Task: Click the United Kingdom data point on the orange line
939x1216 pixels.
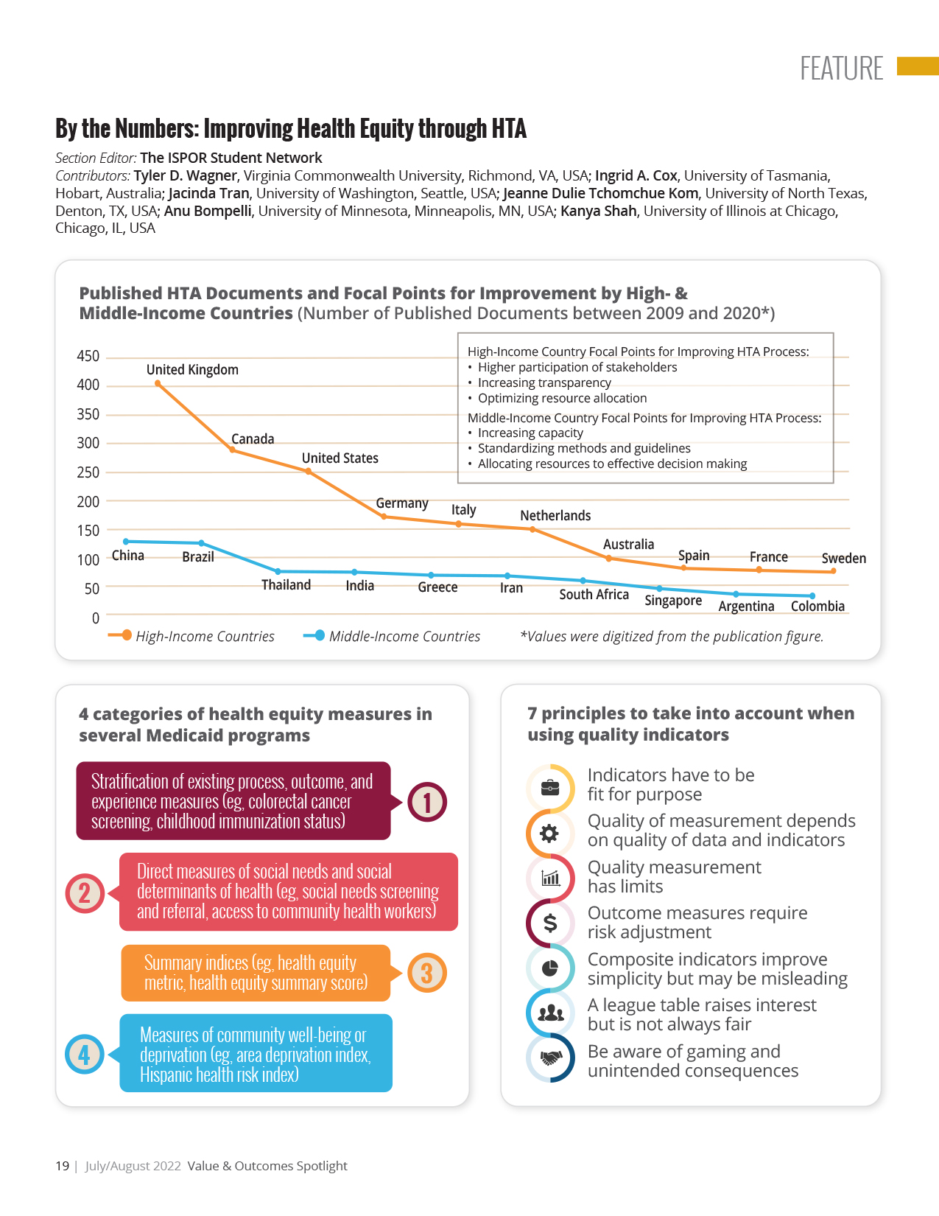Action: [x=158, y=383]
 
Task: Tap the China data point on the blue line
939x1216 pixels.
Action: [x=125, y=541]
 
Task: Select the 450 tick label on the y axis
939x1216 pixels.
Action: [x=88, y=356]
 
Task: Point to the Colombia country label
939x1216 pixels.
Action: [x=817, y=606]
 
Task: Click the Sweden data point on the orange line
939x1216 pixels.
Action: [x=833, y=571]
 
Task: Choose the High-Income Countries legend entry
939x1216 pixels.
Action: [x=191, y=636]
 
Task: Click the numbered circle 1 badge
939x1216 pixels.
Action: [x=427, y=802]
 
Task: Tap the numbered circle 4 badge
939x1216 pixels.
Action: [x=85, y=1054]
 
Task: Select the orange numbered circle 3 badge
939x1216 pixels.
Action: [x=426, y=973]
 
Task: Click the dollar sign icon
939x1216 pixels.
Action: [x=550, y=923]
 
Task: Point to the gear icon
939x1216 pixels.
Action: [x=550, y=834]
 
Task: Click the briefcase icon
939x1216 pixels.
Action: [x=550, y=788]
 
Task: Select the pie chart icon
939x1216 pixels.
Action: [x=550, y=968]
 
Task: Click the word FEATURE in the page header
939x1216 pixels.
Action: [x=841, y=69]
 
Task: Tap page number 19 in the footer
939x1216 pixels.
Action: [x=62, y=1166]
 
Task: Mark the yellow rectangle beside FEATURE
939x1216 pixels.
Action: [x=918, y=66]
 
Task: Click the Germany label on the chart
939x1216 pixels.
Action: [x=402, y=503]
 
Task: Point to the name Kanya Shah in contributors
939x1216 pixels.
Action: [x=598, y=211]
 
